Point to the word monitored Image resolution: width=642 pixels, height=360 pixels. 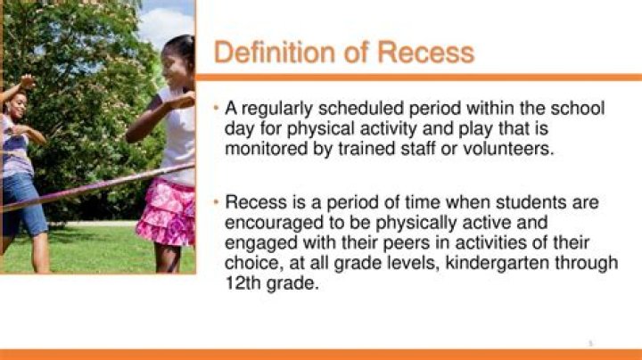(x=266, y=148)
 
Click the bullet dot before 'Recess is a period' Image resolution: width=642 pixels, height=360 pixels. (x=218, y=203)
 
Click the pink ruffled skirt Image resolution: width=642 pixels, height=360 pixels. (x=166, y=212)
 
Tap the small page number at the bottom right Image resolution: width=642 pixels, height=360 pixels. (x=590, y=343)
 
